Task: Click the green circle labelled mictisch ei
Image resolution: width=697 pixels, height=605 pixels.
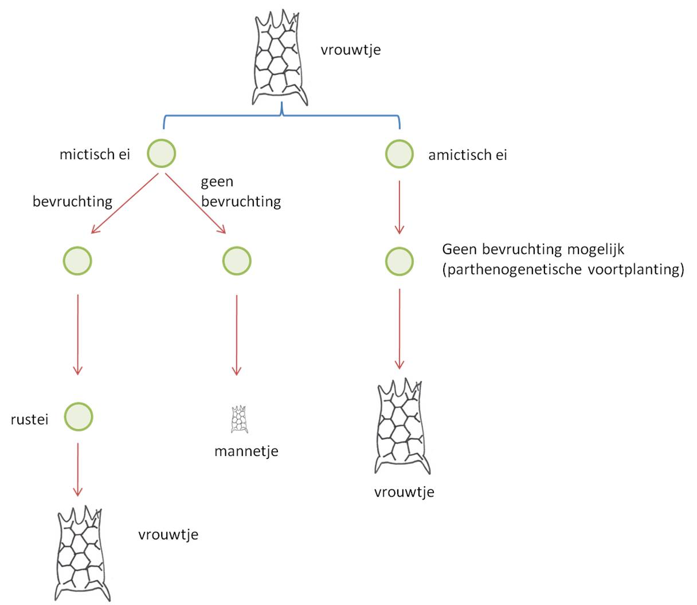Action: (x=161, y=154)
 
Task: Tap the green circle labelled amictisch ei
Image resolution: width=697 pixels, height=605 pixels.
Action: (x=399, y=154)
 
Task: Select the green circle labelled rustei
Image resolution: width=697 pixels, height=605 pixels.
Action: (x=78, y=417)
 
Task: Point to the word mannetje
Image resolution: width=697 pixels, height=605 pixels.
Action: (x=246, y=451)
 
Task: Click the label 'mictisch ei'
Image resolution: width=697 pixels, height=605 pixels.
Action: (x=95, y=155)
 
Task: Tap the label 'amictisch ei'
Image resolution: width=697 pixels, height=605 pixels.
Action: (x=467, y=155)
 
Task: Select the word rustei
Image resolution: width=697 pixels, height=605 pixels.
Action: (x=29, y=419)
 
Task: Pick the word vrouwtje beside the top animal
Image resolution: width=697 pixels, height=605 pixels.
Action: (x=350, y=50)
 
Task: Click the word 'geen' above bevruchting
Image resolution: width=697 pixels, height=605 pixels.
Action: (x=217, y=182)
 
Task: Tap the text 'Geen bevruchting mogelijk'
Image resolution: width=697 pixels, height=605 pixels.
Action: (x=532, y=249)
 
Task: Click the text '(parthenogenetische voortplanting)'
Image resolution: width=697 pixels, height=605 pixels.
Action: (x=563, y=269)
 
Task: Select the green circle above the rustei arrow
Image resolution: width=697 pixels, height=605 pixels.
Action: (x=77, y=261)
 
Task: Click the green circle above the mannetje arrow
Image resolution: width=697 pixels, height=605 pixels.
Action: (x=236, y=261)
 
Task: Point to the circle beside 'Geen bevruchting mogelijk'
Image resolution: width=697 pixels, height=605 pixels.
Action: (x=399, y=261)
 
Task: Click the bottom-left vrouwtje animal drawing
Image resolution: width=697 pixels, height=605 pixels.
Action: (x=81, y=553)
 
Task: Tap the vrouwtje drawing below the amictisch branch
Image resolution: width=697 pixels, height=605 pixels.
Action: (x=402, y=427)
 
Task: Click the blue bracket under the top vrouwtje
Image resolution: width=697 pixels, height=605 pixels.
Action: (x=281, y=116)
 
